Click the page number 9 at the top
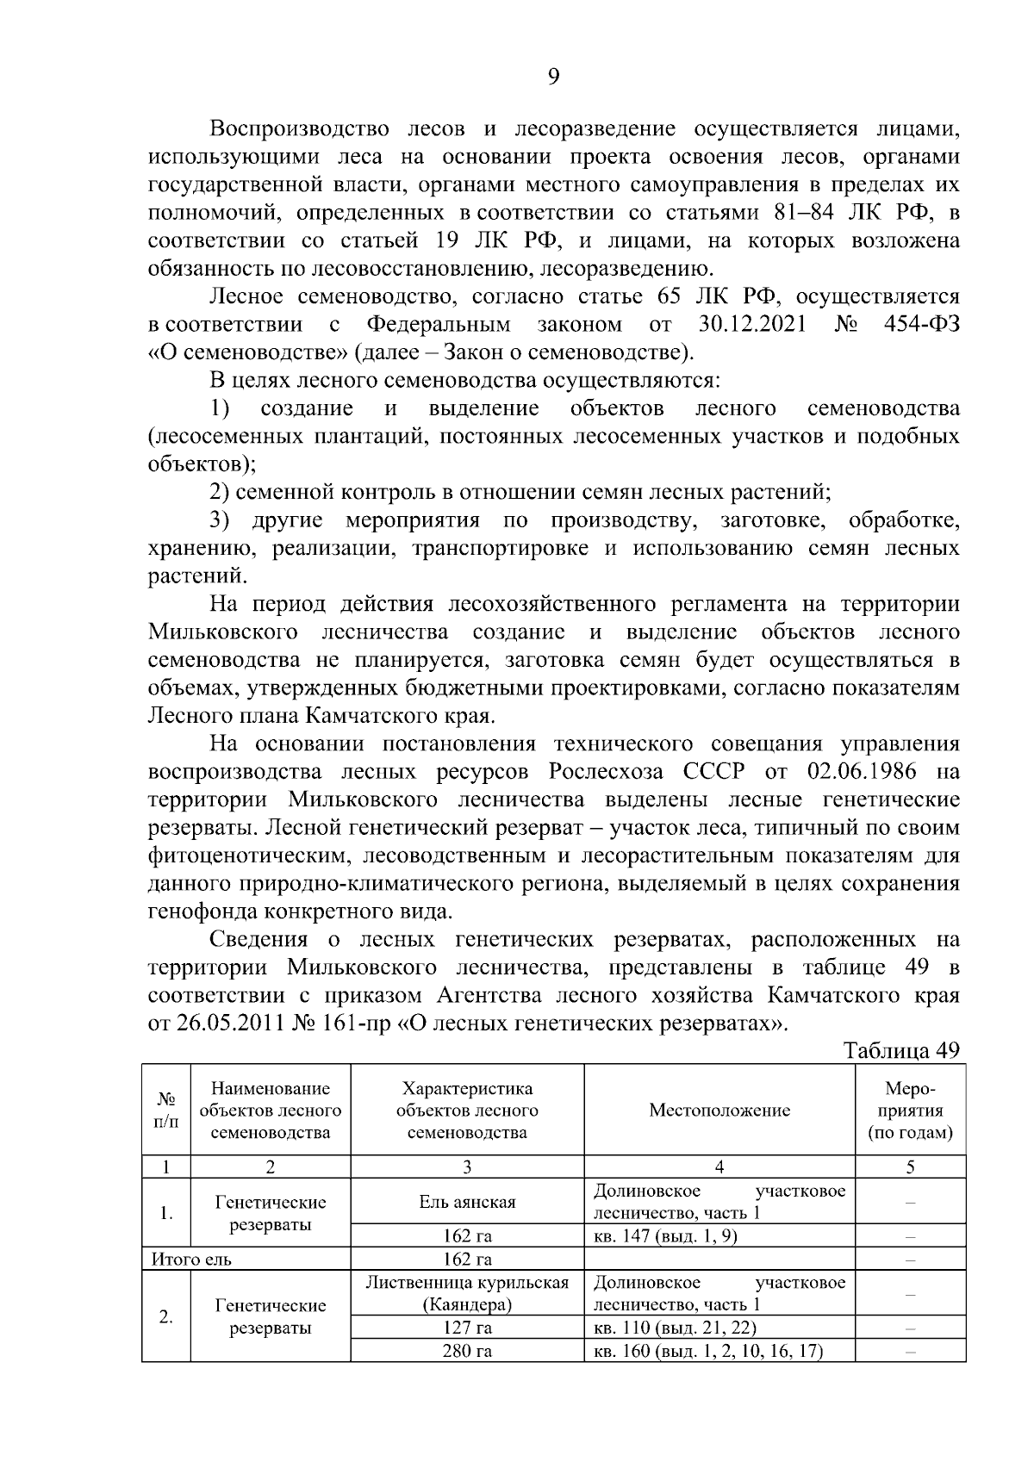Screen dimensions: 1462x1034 pyautogui.click(x=553, y=78)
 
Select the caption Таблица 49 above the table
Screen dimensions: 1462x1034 pyautogui.click(x=900, y=1051)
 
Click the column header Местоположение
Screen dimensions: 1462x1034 pyautogui.click(x=719, y=1110)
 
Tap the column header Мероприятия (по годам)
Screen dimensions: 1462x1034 pyautogui.click(x=910, y=1110)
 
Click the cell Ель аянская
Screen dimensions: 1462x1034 pyautogui.click(x=467, y=1202)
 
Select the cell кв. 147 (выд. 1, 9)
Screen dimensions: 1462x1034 pyautogui.click(x=664, y=1236)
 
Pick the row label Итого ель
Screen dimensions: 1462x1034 pyautogui.click(x=191, y=1260)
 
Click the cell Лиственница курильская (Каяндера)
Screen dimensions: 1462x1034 pyautogui.click(x=467, y=1293)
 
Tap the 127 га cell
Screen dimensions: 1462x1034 pyautogui.click(x=467, y=1328)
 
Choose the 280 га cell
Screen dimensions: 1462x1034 pyautogui.click(x=467, y=1351)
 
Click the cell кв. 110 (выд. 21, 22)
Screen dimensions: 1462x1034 pyautogui.click(x=676, y=1328)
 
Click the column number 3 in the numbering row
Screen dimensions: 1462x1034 pyautogui.click(x=467, y=1167)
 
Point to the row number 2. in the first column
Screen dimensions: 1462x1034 pyautogui.click(x=166, y=1316)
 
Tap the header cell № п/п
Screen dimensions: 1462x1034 pyautogui.click(x=166, y=1110)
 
